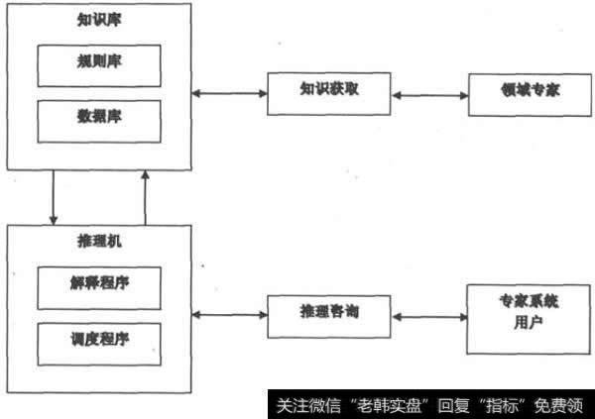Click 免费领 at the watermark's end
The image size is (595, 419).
[566, 405]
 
